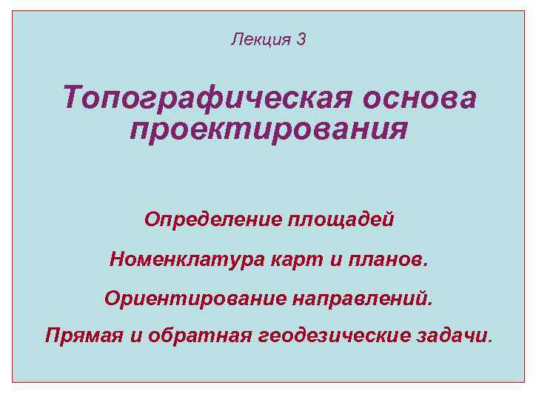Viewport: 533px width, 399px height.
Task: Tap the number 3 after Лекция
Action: (x=301, y=39)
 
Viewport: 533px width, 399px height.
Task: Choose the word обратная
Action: (x=190, y=336)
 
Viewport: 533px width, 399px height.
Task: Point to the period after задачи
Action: (x=489, y=341)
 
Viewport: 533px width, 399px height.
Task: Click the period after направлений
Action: (x=427, y=303)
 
